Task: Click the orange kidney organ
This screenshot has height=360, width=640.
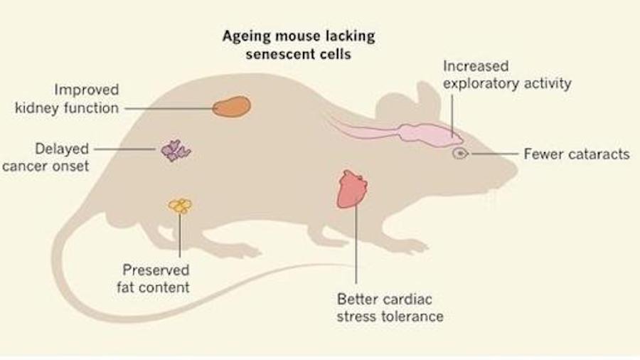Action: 231,107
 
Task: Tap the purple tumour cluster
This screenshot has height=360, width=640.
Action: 175,150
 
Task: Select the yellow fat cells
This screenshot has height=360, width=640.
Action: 180,206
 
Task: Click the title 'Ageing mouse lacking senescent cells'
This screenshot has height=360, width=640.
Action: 299,45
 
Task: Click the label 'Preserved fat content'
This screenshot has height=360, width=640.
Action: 156,278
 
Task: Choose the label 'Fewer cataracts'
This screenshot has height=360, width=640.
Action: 576,154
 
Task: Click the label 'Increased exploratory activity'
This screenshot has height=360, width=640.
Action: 506,75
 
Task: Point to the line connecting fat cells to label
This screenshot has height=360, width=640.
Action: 180,235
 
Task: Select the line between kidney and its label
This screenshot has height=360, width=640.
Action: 168,108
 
